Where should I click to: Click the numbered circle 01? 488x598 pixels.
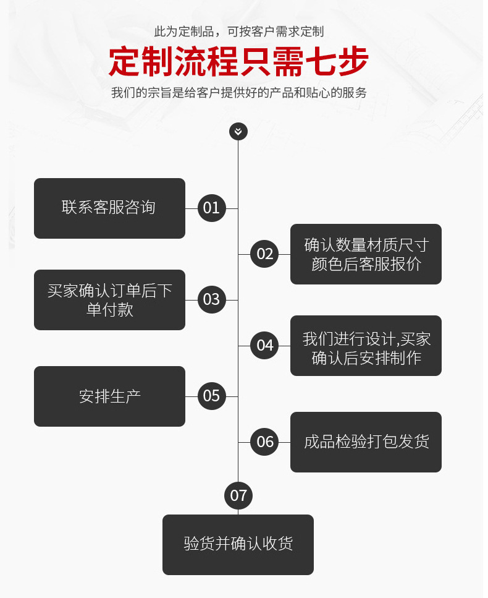[211, 208]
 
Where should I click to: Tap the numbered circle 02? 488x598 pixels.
[264, 254]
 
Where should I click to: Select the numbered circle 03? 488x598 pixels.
[211, 300]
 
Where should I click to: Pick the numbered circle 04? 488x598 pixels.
[264, 346]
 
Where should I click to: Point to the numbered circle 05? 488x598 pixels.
[211, 396]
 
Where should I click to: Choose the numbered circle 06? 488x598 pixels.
[264, 442]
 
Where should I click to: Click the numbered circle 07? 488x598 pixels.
[238, 495]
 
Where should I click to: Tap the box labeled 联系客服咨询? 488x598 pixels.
[109, 208]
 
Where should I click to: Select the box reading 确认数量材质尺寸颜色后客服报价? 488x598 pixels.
[366, 254]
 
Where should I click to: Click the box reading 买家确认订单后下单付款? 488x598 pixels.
[109, 300]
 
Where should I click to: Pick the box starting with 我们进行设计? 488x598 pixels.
[366, 346]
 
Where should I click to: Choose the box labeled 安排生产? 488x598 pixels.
[109, 396]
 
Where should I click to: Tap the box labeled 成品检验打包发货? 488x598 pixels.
[366, 442]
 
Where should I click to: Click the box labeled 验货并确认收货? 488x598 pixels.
[238, 545]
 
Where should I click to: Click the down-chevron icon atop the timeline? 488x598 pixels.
[238, 131]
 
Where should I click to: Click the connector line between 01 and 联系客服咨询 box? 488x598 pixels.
[191, 208]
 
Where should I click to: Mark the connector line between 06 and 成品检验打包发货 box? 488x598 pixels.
[284, 442]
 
